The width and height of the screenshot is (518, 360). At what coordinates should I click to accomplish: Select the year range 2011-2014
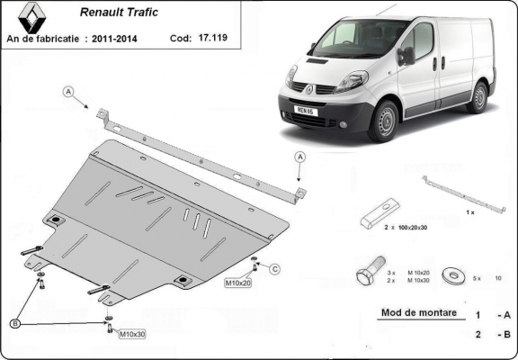[122, 39]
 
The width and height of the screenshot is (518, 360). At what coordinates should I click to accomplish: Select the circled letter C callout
[275, 268]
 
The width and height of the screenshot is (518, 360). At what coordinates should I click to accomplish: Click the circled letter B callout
[16, 322]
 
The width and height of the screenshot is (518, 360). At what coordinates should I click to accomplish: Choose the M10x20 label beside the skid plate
[237, 283]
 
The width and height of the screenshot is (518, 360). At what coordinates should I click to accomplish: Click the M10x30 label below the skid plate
[131, 335]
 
